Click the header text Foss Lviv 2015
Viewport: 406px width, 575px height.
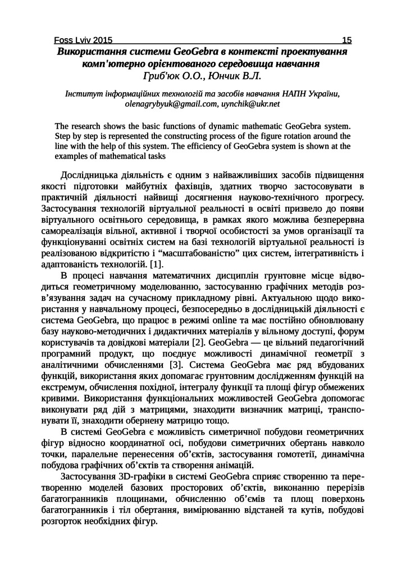coord(83,40)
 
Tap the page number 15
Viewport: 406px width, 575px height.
coord(346,40)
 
